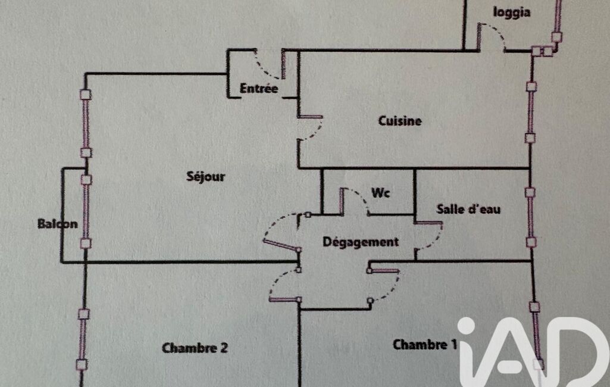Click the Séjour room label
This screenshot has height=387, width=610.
click(x=205, y=176)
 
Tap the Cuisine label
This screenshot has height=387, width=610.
click(x=400, y=121)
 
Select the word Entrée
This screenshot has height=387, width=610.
click(x=259, y=89)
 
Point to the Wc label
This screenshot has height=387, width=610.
click(x=380, y=193)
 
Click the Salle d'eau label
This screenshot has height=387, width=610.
click(x=468, y=209)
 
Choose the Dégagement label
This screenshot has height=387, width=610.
click(x=361, y=242)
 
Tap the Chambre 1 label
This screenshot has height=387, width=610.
click(x=425, y=344)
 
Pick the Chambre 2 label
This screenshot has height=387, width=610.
click(x=195, y=348)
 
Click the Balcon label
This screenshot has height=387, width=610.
click(x=57, y=224)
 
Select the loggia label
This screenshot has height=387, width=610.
click(x=512, y=12)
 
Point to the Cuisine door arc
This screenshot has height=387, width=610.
click(x=315, y=131)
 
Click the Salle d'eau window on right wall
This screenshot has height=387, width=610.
click(x=530, y=217)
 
